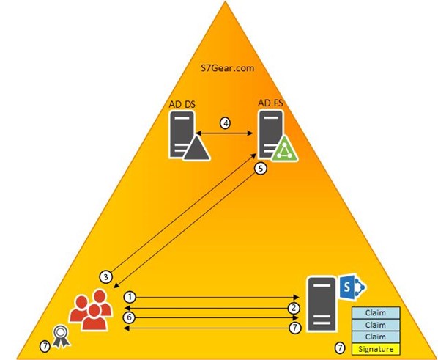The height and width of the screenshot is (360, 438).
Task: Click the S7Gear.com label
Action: click(227, 68)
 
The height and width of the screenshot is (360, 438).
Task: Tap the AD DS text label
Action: click(182, 104)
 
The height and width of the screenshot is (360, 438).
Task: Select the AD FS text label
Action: click(270, 103)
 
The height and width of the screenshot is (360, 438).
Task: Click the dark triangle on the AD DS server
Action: click(197, 148)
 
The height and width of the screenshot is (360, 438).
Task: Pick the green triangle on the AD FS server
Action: click(284, 149)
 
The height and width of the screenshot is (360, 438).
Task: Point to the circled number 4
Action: click(225, 123)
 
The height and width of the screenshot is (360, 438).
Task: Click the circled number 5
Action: click(261, 169)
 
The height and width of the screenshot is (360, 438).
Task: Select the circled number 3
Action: click(106, 277)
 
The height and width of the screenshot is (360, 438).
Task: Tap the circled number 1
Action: click(130, 297)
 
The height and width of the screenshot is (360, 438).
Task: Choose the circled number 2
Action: click(294, 308)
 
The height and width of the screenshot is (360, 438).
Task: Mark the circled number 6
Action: click(129, 317)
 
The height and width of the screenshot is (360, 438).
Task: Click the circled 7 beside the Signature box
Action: click(340, 348)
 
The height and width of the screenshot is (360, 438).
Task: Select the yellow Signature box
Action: click(376, 349)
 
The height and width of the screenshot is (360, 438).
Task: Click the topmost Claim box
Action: click(376, 313)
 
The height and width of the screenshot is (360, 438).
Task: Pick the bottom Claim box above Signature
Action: click(376, 337)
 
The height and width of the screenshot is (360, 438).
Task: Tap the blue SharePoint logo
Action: click(352, 287)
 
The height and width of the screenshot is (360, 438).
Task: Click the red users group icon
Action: click(91, 309)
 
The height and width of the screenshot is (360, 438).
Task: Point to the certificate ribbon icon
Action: click(61, 336)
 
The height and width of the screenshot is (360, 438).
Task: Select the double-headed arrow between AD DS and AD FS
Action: click(225, 133)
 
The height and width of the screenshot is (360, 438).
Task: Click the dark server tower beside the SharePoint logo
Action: click(322, 304)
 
